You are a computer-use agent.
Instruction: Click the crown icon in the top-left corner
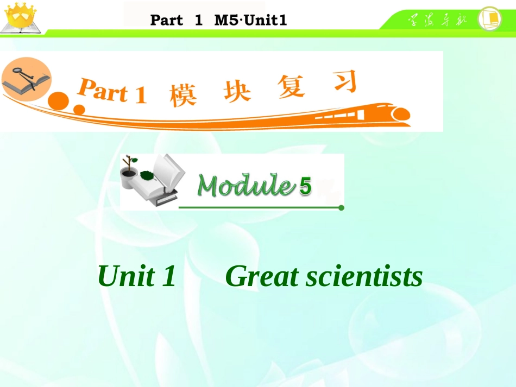18,15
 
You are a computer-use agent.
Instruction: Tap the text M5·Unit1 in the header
250,21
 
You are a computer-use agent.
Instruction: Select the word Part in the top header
166,21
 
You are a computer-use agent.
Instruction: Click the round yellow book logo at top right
489,18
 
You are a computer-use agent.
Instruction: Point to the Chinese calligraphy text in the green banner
435,20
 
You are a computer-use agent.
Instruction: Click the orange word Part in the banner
103,91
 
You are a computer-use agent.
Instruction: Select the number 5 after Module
306,187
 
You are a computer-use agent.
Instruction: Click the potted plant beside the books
129,172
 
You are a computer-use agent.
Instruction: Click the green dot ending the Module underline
341,207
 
